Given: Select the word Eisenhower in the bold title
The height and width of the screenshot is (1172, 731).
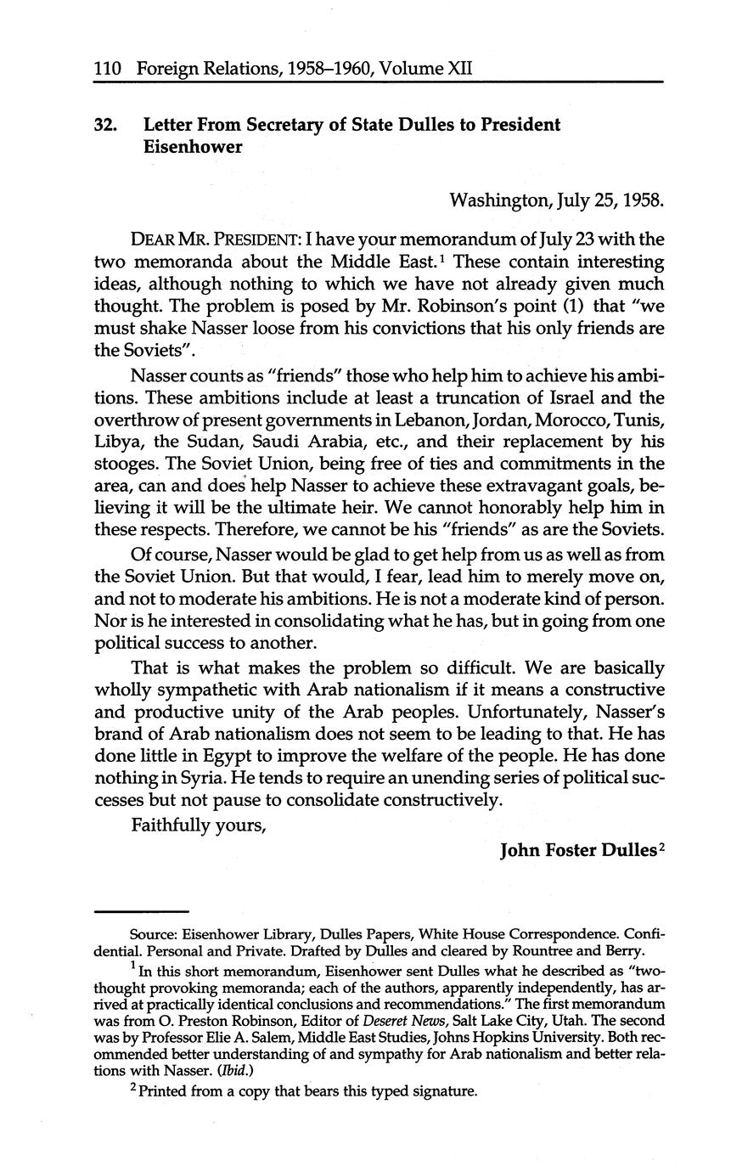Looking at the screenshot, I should click(x=193, y=147).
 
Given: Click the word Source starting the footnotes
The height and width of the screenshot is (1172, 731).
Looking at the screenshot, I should click(x=149, y=934).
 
